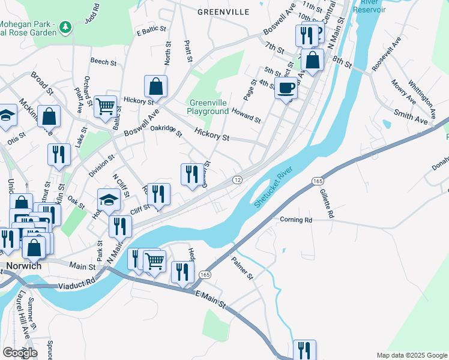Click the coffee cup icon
coord(286,88)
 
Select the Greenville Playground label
coord(207,107)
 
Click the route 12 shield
coord(238,180)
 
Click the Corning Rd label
coord(296,220)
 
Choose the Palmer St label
coord(243,269)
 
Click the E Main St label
coord(210,299)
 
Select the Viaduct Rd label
coord(77,282)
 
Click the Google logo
coord(20,353)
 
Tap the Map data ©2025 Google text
coord(411,355)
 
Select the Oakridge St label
coord(166,130)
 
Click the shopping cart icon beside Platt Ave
coord(105,107)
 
